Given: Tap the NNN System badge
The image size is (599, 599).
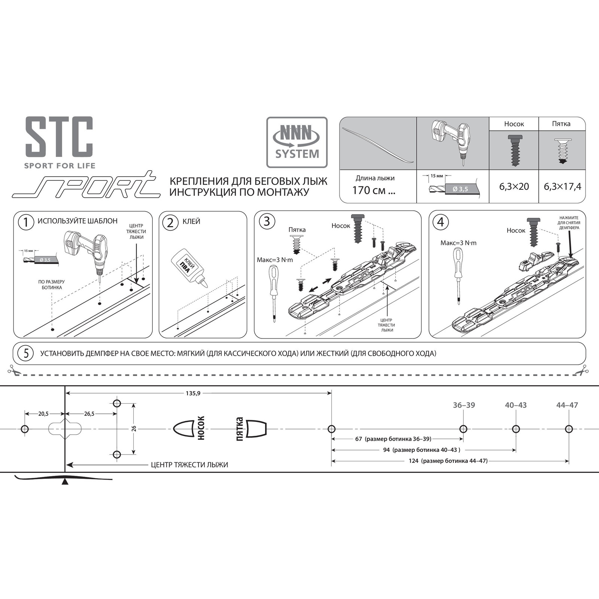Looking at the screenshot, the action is click(297, 142).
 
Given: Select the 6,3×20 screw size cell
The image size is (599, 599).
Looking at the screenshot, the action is click(514, 186).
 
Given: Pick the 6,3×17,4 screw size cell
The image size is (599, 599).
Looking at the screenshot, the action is click(562, 186).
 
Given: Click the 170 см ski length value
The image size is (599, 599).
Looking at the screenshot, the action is click(374, 190).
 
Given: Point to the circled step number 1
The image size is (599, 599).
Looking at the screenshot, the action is click(26, 222).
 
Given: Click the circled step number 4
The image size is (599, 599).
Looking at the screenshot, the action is click(440, 222).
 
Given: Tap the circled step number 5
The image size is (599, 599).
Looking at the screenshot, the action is click(26, 353).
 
